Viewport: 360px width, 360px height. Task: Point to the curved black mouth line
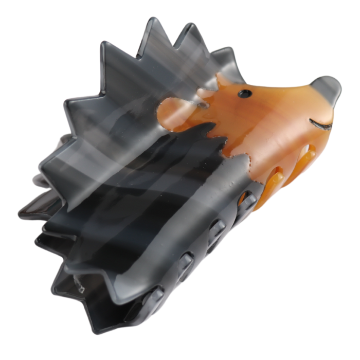point(320,123)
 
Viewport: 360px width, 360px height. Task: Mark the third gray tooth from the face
point(185,261)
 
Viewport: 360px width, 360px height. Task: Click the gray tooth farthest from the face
point(153,295)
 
